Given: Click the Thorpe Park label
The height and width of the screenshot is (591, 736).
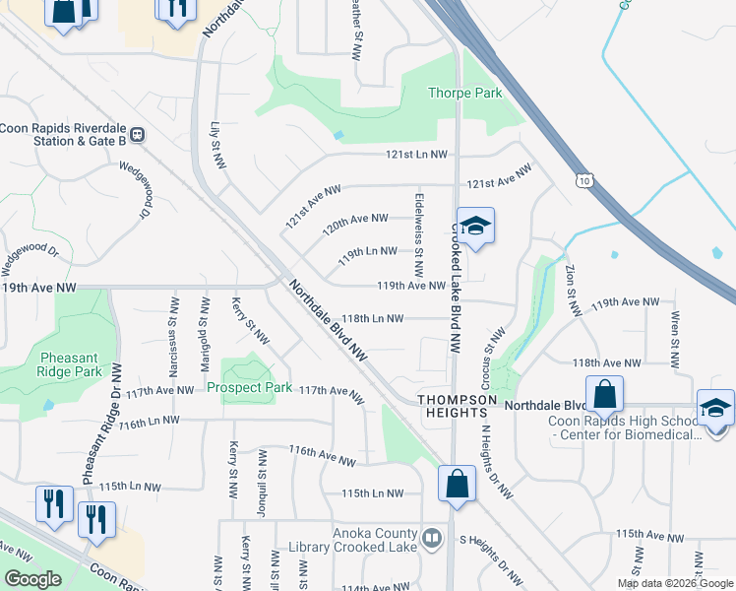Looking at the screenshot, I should point(464,94).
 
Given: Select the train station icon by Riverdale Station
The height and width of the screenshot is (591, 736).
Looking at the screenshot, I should point(138,134).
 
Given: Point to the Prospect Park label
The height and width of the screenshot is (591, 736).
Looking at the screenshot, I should point(249,387).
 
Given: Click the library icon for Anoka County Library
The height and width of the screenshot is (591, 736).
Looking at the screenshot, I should point(431,538).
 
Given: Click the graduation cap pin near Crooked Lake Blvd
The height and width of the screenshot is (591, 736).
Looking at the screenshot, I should point(475,227).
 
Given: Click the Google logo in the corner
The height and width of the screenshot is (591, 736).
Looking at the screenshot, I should point(32,579).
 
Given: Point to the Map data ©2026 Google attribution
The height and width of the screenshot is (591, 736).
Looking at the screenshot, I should point(675,583).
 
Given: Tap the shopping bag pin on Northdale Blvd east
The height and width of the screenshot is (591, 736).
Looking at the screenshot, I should point(604,394).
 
